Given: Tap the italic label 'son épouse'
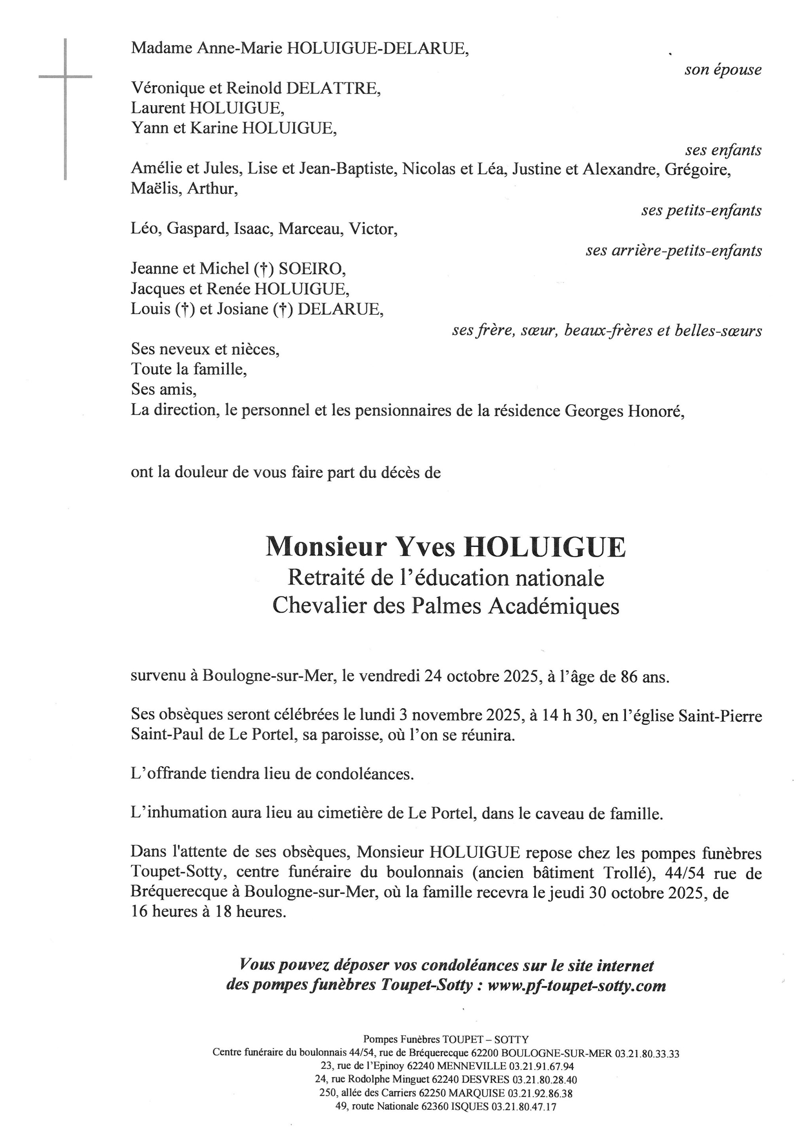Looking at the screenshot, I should [x=723, y=70].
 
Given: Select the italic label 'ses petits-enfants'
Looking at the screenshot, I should [x=701, y=211].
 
